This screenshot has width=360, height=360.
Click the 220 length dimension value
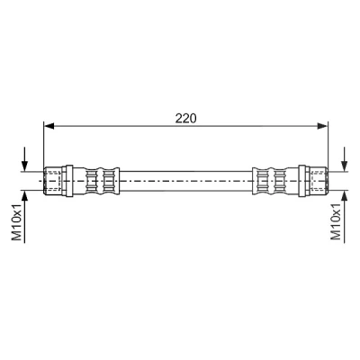(x=185, y=118)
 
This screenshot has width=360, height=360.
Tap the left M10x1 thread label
(x=17, y=221)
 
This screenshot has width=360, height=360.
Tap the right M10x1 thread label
(x=336, y=221)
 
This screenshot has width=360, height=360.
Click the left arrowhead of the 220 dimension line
(x=49, y=126)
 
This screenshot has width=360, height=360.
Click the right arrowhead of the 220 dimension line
(x=323, y=126)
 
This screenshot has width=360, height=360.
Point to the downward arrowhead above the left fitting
(x=24, y=166)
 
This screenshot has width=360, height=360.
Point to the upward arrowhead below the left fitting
(x=24, y=195)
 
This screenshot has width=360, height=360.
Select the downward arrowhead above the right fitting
(x=345, y=166)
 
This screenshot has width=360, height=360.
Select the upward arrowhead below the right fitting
(x=345, y=195)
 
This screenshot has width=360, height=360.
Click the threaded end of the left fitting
(x=53, y=181)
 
